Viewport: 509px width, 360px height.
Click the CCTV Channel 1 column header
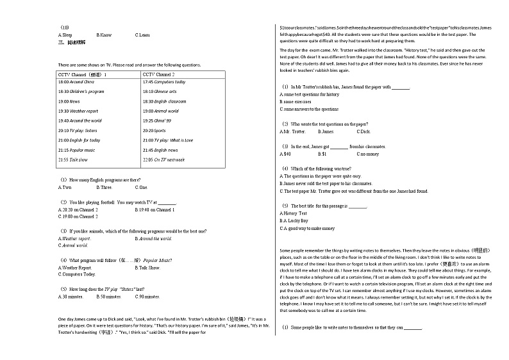[83, 75]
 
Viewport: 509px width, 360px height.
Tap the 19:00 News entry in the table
[69, 101]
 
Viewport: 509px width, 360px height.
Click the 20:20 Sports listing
[154, 130]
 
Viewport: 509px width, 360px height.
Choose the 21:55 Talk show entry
[72, 159]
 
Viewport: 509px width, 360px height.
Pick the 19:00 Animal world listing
[160, 111]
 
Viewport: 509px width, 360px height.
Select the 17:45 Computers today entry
[164, 82]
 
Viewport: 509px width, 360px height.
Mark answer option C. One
[141, 187]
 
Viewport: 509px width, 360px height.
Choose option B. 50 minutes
[109, 297]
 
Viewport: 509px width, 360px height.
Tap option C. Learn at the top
[142, 35]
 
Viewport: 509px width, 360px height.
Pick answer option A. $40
[285, 154]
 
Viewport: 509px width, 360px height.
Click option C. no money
[368, 154]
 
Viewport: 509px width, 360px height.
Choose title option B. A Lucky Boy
[294, 220]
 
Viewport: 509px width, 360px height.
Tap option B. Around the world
[153, 238]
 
